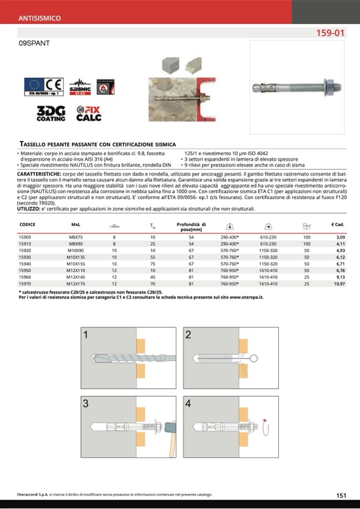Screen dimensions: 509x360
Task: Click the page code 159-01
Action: point(330,33)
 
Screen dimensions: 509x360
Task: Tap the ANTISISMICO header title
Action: point(40,18)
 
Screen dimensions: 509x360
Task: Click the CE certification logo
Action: point(44,87)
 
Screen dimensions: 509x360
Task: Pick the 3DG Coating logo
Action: point(51,114)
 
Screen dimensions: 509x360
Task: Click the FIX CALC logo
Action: point(89,113)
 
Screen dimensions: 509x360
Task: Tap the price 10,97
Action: point(339,284)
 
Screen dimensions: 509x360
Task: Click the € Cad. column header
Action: point(338,225)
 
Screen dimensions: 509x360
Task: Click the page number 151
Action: point(341,495)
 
